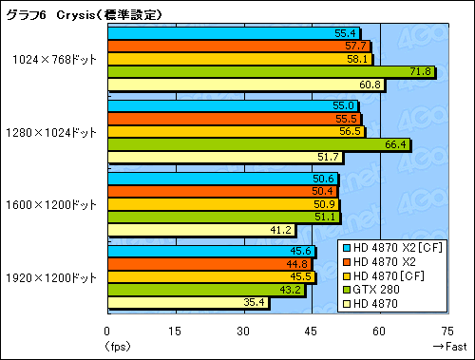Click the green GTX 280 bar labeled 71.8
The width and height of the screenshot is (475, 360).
[x=271, y=71]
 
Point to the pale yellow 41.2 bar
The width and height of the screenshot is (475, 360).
[x=201, y=230]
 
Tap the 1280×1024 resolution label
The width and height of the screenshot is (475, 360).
[x=54, y=132]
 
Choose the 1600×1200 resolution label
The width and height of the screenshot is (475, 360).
[x=54, y=204]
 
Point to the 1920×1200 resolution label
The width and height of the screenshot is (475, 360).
[x=54, y=277]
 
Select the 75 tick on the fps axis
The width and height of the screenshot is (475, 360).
[x=449, y=331]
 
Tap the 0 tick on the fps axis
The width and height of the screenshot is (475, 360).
[x=107, y=331]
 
